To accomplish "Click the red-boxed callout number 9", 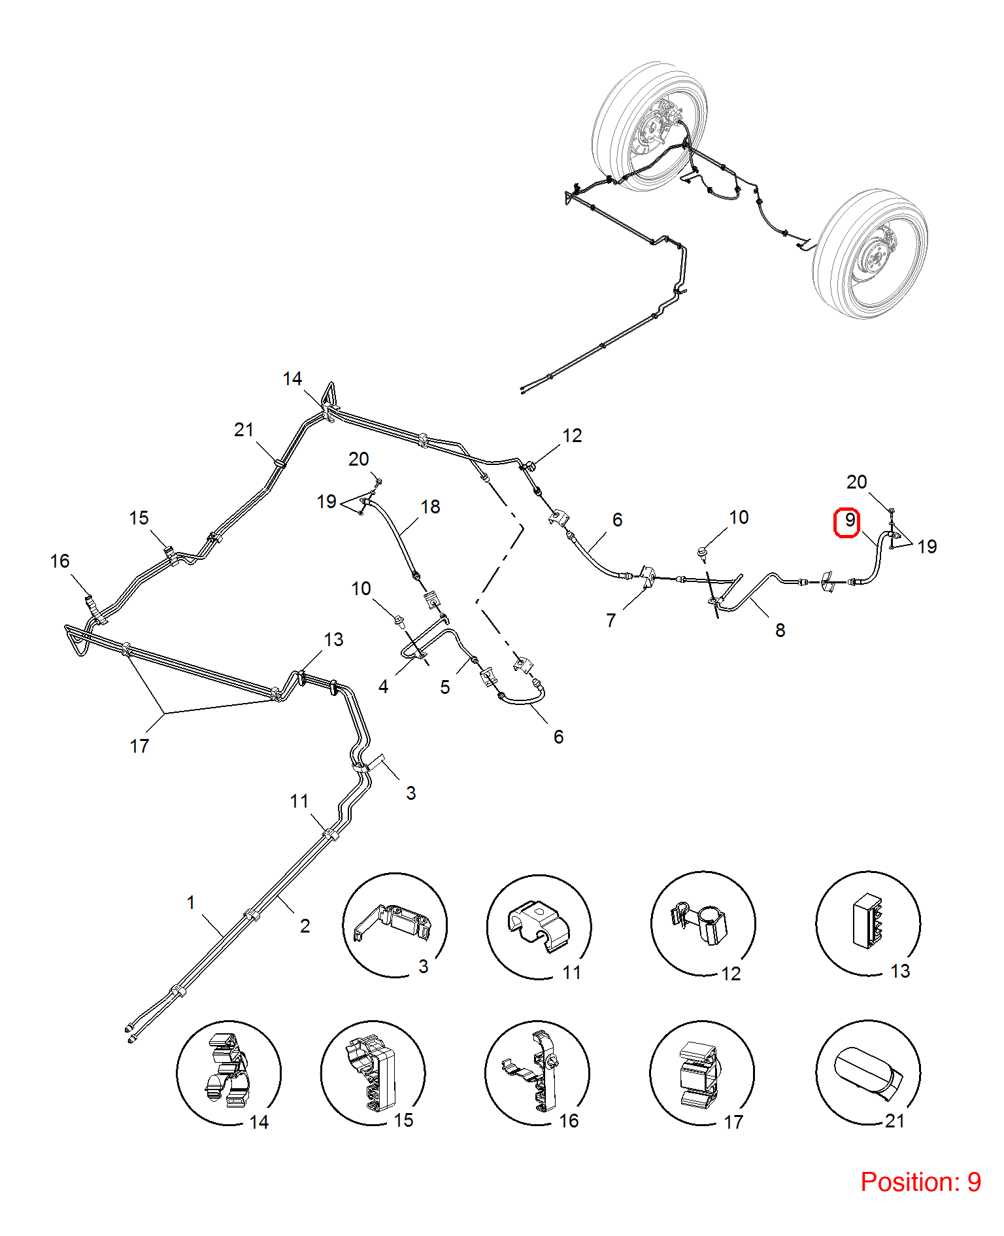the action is coord(849,521).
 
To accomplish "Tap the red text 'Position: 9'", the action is coord(920,1182).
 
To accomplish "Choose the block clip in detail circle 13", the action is coord(867,921).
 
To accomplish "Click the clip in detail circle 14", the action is coord(227,1070).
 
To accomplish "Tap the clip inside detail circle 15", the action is coord(370,1073).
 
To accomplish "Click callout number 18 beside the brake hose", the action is coord(430,507).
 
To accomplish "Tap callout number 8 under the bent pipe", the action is coord(780,630).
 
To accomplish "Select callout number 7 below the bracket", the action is coord(611,621).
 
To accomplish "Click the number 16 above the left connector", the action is coord(59,561).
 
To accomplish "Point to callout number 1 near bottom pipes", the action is coord(191,902).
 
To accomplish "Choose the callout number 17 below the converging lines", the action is coord(139,746).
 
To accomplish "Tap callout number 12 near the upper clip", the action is coord(572,436).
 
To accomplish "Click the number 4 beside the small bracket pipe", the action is coord(384,687).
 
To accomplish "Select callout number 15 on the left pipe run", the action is coord(139,518).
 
